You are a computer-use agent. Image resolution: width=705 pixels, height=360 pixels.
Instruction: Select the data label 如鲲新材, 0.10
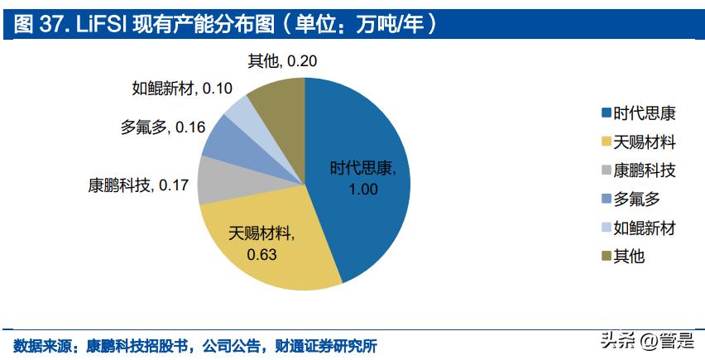pos(181,88)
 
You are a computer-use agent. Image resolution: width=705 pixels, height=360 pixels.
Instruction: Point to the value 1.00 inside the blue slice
pos(363,188)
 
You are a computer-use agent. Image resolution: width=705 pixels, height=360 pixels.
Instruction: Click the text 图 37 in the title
pos(36,25)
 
